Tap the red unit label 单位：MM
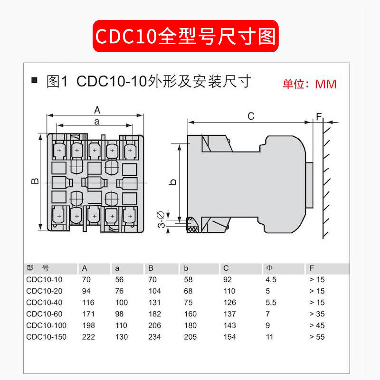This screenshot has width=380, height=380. pos(309,84)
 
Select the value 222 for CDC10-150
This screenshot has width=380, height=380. pos(88,337)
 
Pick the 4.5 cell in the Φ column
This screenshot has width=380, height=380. pos(271,279)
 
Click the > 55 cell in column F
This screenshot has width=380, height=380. pos(317,337)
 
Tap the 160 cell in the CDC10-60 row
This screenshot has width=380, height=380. pos(190,314)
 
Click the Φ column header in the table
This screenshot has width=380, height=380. pos(270,268)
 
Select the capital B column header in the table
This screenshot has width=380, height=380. pos(151,268)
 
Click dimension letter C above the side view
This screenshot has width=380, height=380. pos(251,116)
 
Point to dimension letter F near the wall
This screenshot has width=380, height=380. pos(319,116)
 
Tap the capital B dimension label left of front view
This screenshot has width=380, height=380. pos(35,181)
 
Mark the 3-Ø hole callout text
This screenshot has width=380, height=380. pos(161,219)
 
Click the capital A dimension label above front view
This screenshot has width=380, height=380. pos(97,110)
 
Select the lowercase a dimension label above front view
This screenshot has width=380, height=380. pos(96,122)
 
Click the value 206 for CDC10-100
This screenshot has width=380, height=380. pos(154,325)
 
